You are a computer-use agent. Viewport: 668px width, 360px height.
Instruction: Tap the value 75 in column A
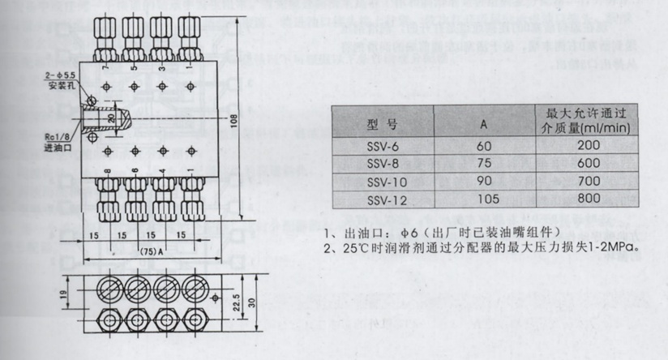click(482, 163)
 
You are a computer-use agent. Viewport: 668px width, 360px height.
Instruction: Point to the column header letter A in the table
click(482, 125)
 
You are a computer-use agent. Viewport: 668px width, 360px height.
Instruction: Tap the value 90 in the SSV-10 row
click(482, 181)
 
